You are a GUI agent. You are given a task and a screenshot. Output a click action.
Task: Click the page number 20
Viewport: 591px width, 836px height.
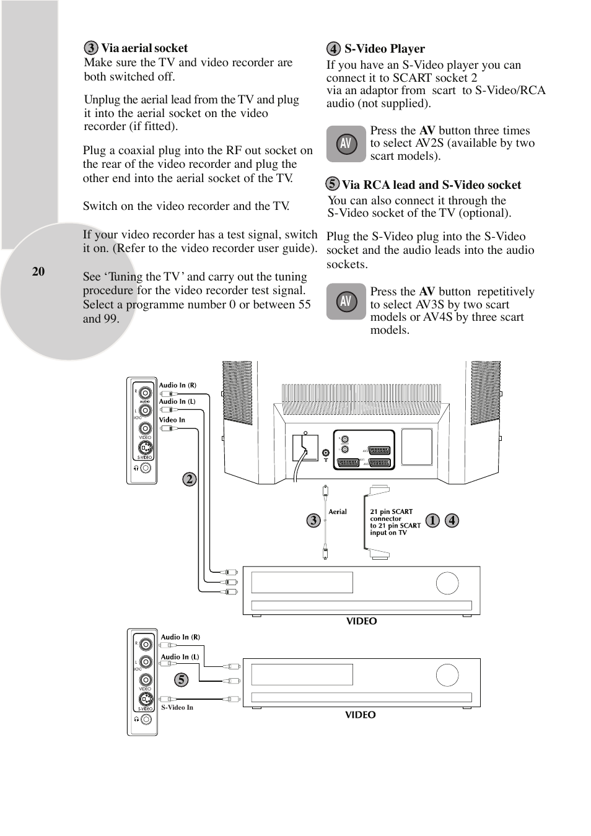(38, 271)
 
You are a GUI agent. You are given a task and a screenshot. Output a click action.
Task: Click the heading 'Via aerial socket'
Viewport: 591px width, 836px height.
(144, 48)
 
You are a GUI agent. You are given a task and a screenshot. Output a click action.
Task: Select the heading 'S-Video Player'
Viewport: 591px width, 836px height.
(384, 49)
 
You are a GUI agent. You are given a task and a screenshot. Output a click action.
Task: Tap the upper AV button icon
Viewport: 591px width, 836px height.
(346, 144)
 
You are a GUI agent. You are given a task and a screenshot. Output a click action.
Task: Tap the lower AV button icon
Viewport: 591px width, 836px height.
(346, 302)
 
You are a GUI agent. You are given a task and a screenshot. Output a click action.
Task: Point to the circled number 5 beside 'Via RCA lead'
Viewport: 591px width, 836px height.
(333, 183)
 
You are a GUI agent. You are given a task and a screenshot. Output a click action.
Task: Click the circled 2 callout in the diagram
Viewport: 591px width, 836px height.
(190, 479)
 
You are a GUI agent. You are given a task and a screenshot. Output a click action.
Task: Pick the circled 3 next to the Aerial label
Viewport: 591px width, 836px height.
(313, 520)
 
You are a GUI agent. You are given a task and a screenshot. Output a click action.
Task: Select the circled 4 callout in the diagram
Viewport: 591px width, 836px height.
(452, 520)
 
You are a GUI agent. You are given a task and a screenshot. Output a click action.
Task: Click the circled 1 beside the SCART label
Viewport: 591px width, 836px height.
(432, 520)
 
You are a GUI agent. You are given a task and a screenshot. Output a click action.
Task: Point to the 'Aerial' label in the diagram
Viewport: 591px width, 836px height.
(338, 512)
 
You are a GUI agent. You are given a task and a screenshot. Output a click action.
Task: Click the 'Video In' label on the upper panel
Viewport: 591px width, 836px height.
(172, 420)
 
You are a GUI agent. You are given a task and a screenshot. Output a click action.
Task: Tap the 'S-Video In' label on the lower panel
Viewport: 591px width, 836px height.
(177, 707)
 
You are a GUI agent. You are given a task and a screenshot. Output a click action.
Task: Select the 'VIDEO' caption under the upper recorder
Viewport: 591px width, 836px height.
(361, 621)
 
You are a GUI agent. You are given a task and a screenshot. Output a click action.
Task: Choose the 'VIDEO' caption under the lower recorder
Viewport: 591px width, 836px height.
(361, 715)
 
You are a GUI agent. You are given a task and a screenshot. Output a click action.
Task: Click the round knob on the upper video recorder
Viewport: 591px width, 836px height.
(447, 583)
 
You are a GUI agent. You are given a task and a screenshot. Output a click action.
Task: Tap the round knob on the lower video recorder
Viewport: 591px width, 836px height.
(447, 675)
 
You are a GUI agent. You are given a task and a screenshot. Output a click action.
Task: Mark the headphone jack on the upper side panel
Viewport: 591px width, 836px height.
(146, 468)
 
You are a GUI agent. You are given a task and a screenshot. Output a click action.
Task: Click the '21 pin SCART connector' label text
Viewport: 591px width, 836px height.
(391, 515)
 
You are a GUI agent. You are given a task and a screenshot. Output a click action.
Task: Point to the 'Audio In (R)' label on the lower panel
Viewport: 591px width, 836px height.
(180, 637)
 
